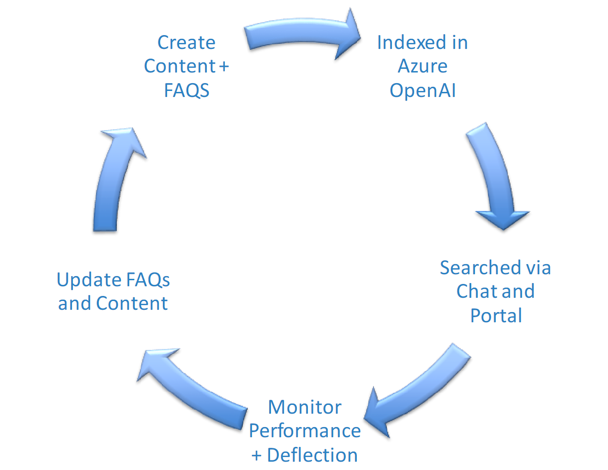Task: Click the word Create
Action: [187, 42]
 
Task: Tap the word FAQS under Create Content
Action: [187, 90]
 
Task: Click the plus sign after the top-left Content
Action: [224, 66]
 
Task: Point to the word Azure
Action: [422, 66]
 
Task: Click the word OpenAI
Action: [423, 90]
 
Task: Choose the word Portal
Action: [496, 316]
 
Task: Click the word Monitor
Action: [305, 407]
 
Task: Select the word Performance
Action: [305, 431]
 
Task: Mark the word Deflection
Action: [312, 455]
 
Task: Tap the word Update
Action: [89, 280]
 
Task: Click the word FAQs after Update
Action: [148, 280]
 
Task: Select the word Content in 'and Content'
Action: [132, 303]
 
